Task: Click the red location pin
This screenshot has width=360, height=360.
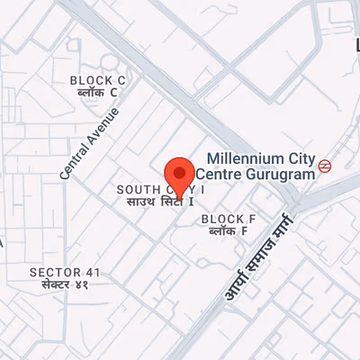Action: click(181, 174)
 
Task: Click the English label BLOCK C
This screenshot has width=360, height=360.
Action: click(98, 81)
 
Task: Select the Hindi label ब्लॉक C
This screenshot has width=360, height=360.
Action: click(98, 93)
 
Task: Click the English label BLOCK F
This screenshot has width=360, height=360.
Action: click(229, 219)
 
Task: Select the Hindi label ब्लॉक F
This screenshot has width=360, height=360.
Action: click(229, 230)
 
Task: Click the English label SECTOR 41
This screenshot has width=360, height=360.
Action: click(66, 272)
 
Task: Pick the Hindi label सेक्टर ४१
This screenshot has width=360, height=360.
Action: click(66, 284)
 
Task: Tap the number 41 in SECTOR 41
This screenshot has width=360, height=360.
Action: click(94, 272)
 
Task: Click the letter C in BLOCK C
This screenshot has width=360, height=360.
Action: click(121, 81)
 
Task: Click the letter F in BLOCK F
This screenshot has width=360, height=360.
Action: click(252, 219)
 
